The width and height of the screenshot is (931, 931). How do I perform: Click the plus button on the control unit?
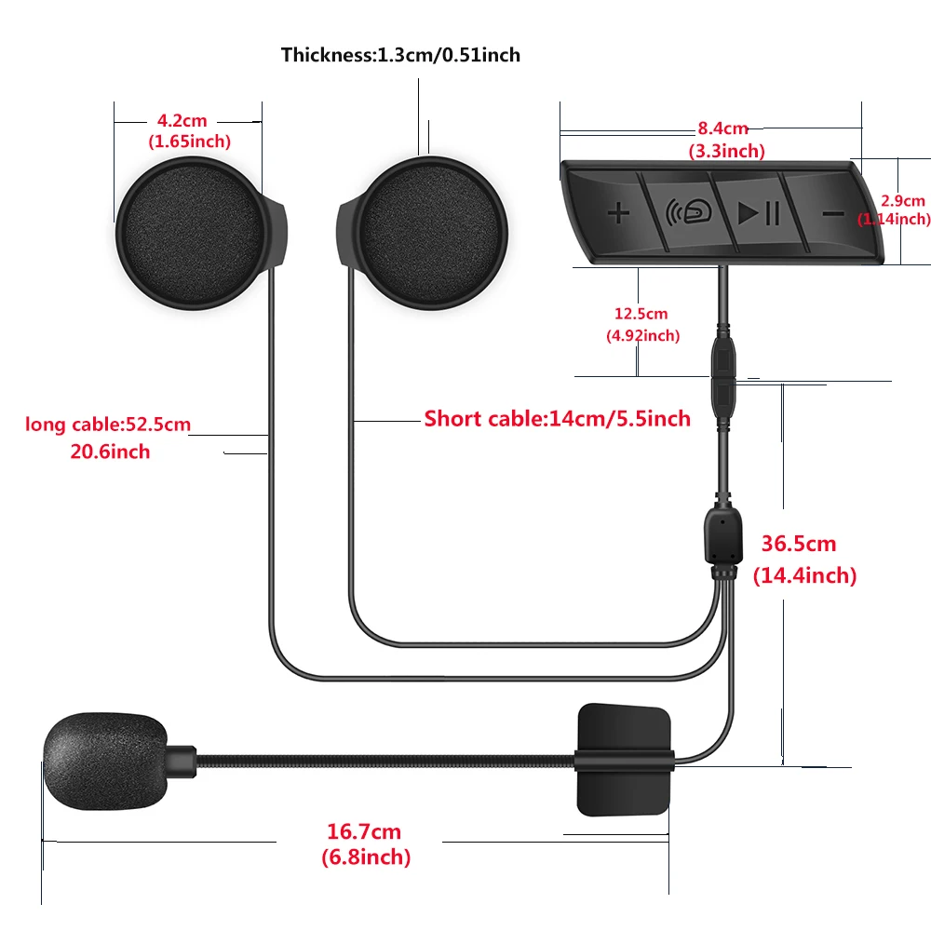click(x=619, y=213)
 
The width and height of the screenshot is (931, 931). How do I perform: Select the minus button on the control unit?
click(x=832, y=213)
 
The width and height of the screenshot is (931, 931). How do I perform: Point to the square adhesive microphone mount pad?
click(x=623, y=758)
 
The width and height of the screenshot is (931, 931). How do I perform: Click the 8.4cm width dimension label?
click(x=723, y=128)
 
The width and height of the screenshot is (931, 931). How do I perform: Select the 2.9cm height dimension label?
click(x=903, y=200)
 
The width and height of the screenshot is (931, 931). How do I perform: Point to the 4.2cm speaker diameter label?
click(x=182, y=120)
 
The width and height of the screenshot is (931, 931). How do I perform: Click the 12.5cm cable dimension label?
click(x=641, y=314)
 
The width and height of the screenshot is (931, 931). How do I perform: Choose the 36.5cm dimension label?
click(x=799, y=544)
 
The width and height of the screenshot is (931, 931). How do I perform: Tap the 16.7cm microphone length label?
click(x=364, y=831)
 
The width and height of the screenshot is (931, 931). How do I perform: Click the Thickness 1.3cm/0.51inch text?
click(x=400, y=55)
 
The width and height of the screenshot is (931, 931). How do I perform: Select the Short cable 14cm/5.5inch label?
click(x=557, y=418)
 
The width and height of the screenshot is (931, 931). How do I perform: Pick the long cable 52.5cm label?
click(x=108, y=425)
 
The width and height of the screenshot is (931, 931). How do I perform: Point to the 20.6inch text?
click(x=110, y=452)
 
